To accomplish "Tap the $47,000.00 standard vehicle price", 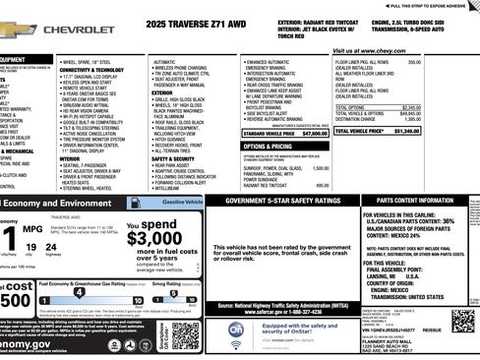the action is (313, 131).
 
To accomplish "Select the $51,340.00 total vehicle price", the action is (459, 130).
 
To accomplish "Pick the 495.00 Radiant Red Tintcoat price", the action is (321, 184).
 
